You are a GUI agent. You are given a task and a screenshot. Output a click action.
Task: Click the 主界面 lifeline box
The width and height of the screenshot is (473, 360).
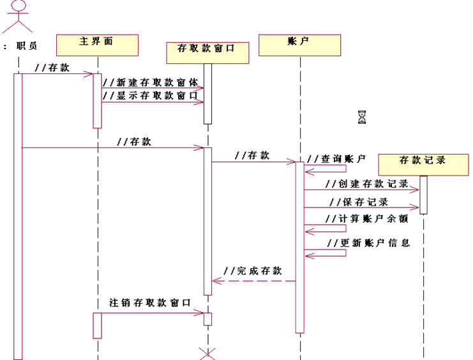click(98, 44)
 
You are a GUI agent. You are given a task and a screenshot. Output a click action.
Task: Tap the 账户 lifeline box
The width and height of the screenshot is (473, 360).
click(300, 44)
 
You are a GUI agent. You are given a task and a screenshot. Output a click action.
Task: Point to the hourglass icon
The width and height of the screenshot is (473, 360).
click(363, 117)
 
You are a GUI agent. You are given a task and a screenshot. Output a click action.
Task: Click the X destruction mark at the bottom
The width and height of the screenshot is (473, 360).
click(207, 353)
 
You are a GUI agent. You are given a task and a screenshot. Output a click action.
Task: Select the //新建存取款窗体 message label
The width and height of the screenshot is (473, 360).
click(151, 82)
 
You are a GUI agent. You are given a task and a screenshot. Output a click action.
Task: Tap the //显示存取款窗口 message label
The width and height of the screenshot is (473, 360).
click(151, 96)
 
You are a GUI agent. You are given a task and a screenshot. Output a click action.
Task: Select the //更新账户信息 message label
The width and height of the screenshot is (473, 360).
click(367, 243)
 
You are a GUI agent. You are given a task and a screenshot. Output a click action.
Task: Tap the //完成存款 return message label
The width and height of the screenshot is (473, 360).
click(255, 271)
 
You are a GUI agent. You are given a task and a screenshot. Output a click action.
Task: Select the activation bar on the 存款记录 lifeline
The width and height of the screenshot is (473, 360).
click(423, 195)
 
